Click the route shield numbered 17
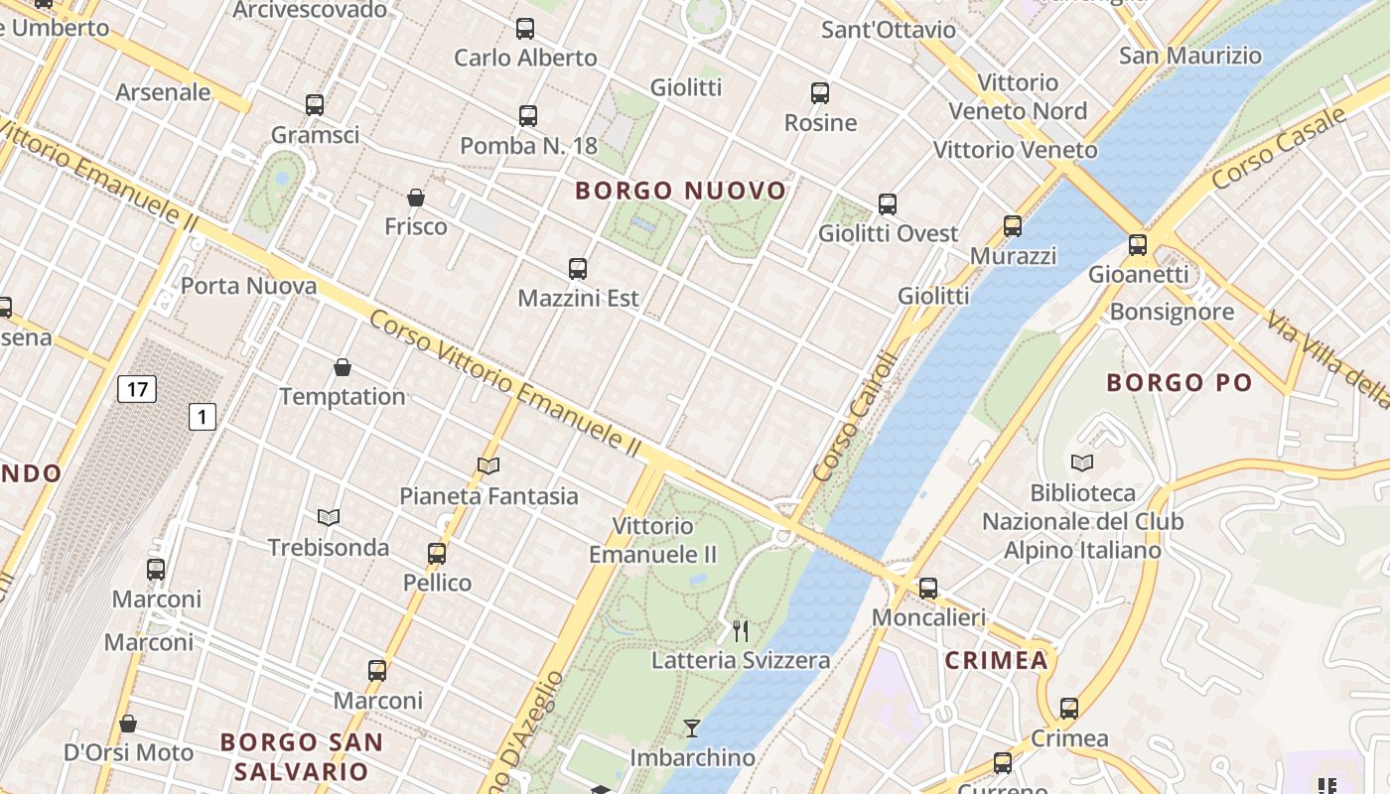(137, 388)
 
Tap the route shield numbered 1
(203, 417)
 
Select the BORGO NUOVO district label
(681, 191)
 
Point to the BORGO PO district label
(1180, 382)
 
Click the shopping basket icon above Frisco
(416, 198)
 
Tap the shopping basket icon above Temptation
(343, 367)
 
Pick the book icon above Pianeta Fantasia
(487, 465)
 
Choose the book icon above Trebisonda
(329, 517)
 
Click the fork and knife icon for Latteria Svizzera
(741, 630)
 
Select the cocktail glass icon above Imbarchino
(692, 728)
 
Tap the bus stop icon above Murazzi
(1013, 226)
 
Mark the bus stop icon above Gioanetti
(1138, 244)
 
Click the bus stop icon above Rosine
(820, 93)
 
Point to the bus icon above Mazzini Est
(578, 268)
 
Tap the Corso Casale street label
(1279, 148)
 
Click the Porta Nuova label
(248, 286)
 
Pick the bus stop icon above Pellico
(437, 554)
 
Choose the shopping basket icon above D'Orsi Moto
(128, 724)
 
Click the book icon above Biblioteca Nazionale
(1082, 463)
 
